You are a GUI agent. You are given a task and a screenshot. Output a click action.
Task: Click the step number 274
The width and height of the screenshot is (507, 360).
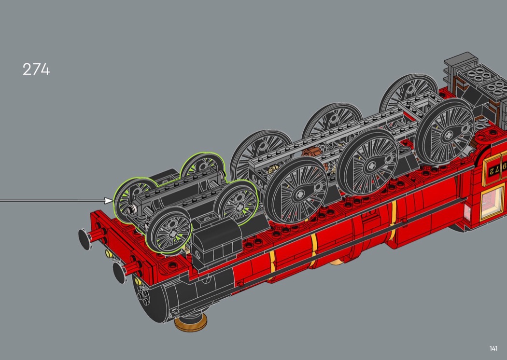(x=36, y=69)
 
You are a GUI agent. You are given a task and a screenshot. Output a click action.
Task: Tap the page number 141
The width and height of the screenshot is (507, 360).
(x=493, y=348)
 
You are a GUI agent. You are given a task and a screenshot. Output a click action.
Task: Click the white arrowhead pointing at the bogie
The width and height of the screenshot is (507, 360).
(x=109, y=200)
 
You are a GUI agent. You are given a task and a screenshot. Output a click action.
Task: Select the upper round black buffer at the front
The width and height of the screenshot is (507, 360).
(x=84, y=239)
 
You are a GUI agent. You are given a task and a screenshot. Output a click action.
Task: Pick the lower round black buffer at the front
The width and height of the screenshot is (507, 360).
(x=120, y=273)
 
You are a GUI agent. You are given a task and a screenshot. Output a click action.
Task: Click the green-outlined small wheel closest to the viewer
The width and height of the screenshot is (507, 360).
(x=169, y=230)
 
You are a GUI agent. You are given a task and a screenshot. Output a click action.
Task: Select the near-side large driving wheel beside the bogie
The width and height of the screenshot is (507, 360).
(x=296, y=191)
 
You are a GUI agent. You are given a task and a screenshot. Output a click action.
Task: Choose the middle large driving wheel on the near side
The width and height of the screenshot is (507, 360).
(x=367, y=162)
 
